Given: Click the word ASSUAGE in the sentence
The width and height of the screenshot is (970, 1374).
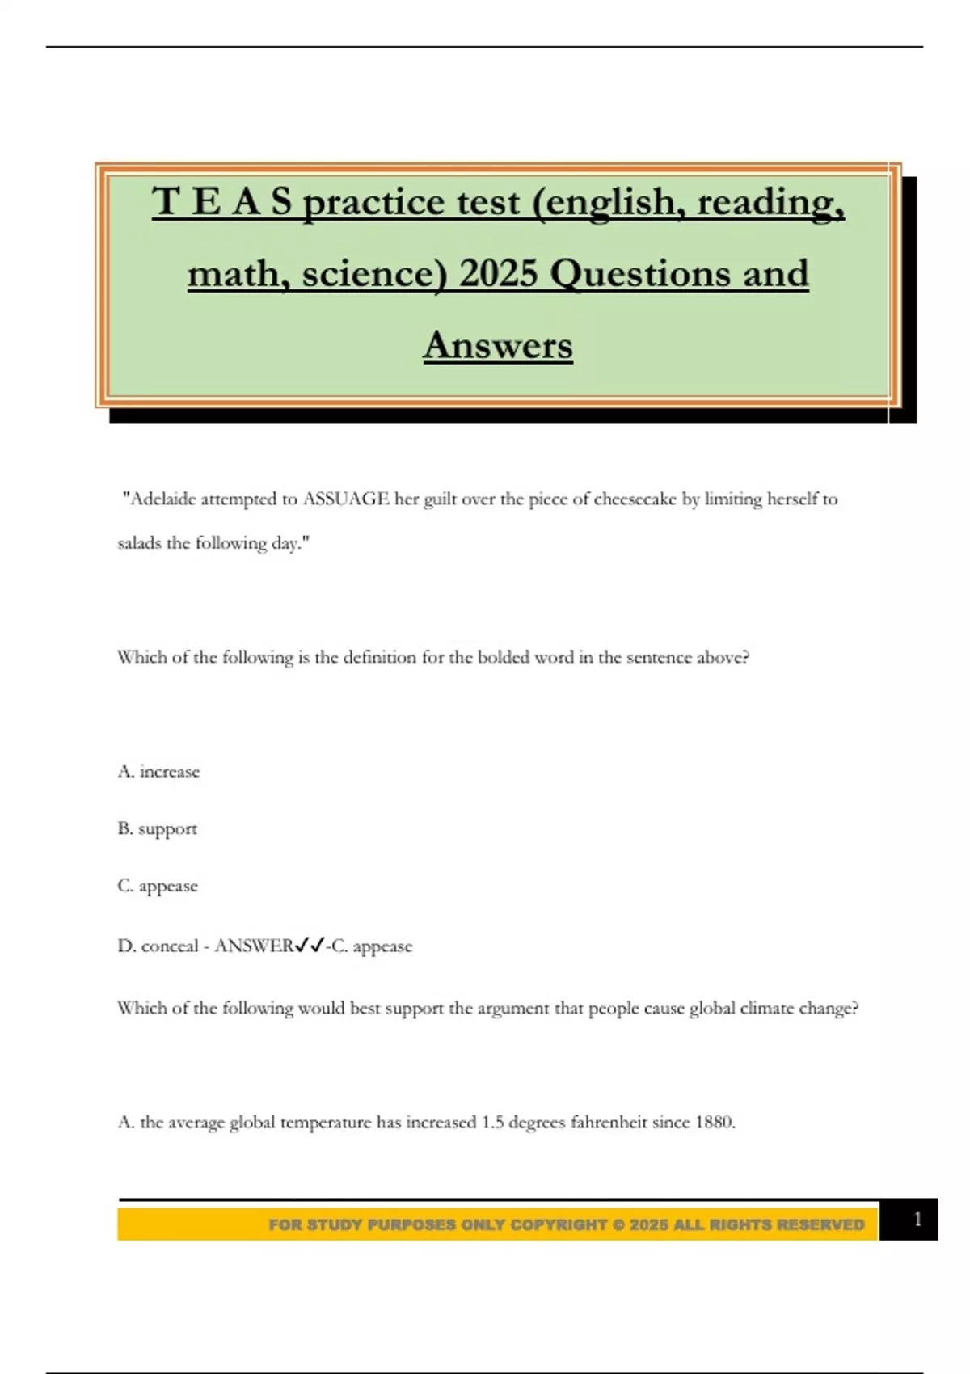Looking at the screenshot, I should pos(346,499).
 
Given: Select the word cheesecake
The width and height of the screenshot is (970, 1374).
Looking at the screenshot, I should pos(635,499).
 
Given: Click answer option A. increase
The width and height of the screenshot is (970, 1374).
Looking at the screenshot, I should pos(158,771).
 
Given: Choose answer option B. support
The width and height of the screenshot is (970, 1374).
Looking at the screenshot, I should pos(158,829).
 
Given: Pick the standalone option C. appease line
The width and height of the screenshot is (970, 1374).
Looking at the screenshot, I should pos(158,886).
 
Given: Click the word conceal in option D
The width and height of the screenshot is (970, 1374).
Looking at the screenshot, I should pos(170,946).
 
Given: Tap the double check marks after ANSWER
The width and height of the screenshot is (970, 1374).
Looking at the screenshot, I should pos(310,945).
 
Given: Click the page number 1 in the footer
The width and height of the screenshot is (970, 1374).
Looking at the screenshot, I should pos(917,1219).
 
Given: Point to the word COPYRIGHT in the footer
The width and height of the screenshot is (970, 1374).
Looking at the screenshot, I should pos(559,1224).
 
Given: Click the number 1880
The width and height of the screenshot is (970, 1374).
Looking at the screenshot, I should pos(714,1122).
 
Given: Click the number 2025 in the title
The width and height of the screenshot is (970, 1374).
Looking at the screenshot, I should pos(499,273).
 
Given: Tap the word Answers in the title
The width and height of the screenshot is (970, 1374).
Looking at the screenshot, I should pos(498,345).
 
